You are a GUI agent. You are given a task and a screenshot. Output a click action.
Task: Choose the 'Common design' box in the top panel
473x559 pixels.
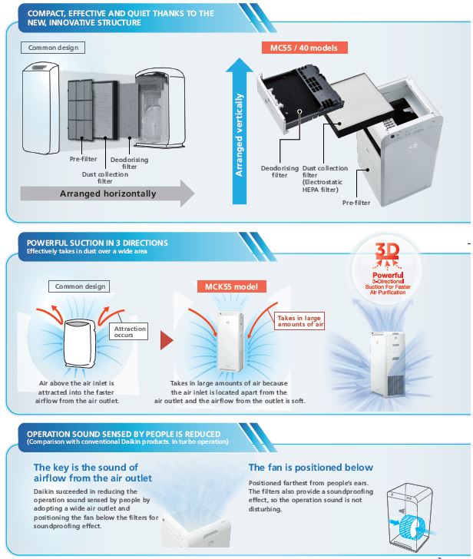54,48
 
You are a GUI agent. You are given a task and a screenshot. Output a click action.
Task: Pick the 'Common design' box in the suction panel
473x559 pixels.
81,286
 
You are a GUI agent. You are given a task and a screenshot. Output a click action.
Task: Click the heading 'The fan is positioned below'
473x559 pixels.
311,467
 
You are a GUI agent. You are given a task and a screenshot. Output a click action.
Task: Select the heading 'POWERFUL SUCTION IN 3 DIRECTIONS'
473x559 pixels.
98,243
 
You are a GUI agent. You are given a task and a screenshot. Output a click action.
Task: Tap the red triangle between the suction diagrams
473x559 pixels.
165,339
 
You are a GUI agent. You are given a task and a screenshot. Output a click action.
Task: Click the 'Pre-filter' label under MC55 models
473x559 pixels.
358,203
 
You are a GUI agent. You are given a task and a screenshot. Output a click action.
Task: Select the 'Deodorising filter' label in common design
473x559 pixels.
124,163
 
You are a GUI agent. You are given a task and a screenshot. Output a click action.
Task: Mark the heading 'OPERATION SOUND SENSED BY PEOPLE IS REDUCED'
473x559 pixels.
124,434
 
